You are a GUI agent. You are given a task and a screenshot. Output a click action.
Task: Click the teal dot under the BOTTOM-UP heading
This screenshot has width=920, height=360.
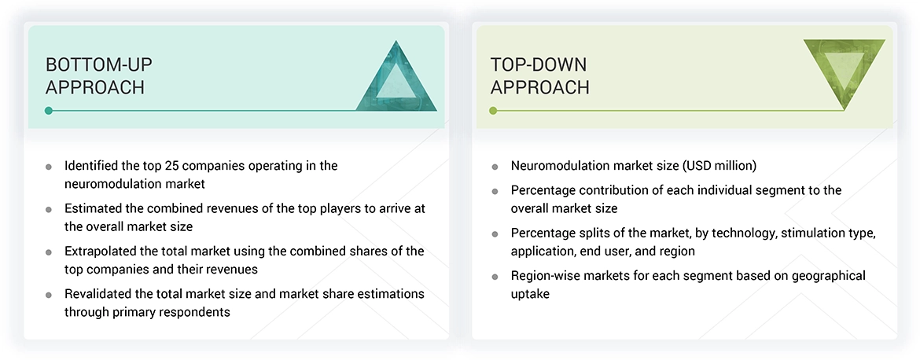(x=49, y=111)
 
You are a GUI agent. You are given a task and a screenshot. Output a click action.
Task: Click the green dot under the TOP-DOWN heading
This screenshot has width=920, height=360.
(x=493, y=111)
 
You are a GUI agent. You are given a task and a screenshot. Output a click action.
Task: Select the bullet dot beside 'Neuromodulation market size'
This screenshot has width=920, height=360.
(x=495, y=167)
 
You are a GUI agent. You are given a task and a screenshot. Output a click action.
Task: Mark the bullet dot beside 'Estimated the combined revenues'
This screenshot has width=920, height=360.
(x=49, y=209)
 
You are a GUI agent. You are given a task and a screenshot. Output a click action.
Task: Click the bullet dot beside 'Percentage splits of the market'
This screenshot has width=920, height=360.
(x=495, y=234)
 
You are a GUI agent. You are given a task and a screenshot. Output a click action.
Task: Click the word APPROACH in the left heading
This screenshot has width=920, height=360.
(x=95, y=87)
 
